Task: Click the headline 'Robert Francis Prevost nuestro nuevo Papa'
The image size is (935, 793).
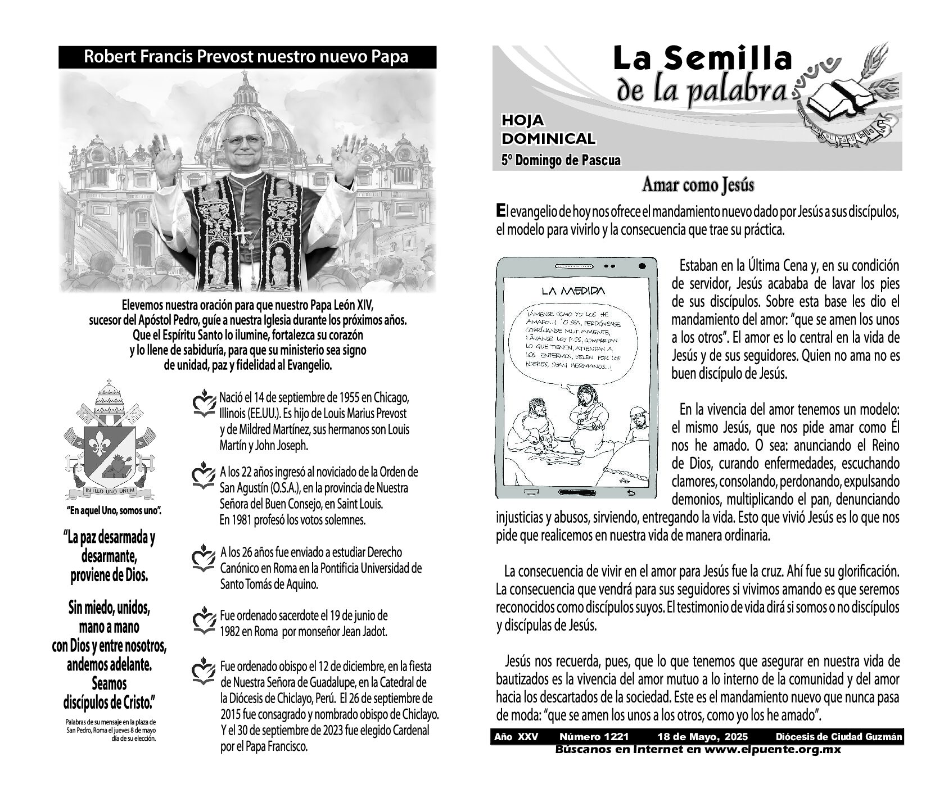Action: (x=247, y=57)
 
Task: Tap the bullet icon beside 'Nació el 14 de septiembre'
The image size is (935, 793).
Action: (x=204, y=404)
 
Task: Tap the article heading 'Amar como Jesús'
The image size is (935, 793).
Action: (x=698, y=185)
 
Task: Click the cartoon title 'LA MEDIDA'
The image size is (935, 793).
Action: (x=573, y=291)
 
